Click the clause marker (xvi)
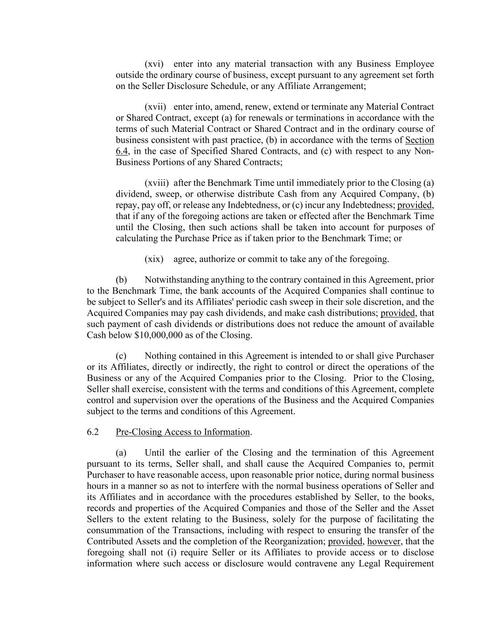coord(154,64)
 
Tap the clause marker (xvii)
coord(155,107)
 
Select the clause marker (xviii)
coord(157,183)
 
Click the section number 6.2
coord(93,432)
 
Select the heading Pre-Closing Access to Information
coord(183,432)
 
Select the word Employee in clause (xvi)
coord(415,64)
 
